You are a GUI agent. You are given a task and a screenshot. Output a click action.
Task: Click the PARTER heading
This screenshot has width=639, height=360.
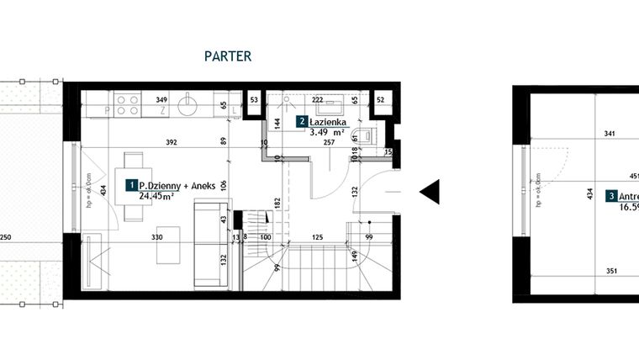point(229,57)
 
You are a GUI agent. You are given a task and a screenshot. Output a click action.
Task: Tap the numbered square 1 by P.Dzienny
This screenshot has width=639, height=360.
point(131,184)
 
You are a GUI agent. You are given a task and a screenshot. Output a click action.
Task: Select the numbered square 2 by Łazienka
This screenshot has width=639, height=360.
point(301,122)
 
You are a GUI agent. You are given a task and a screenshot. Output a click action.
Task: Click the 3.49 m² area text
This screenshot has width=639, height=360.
point(328,132)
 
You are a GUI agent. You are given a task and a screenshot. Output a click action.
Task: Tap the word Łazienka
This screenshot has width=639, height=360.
point(326,122)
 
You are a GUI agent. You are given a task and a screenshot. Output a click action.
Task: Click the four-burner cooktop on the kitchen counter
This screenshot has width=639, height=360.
point(127,104)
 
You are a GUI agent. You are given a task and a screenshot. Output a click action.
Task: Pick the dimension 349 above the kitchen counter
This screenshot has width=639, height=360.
point(162,100)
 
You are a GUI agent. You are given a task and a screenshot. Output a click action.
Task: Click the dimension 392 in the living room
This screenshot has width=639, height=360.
point(171,142)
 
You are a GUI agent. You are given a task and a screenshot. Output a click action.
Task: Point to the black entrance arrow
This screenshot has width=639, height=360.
point(429,193)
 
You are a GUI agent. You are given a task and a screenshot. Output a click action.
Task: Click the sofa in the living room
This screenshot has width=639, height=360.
point(208,243)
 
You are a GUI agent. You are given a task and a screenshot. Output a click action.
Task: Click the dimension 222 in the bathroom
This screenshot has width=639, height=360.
point(319,100)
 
